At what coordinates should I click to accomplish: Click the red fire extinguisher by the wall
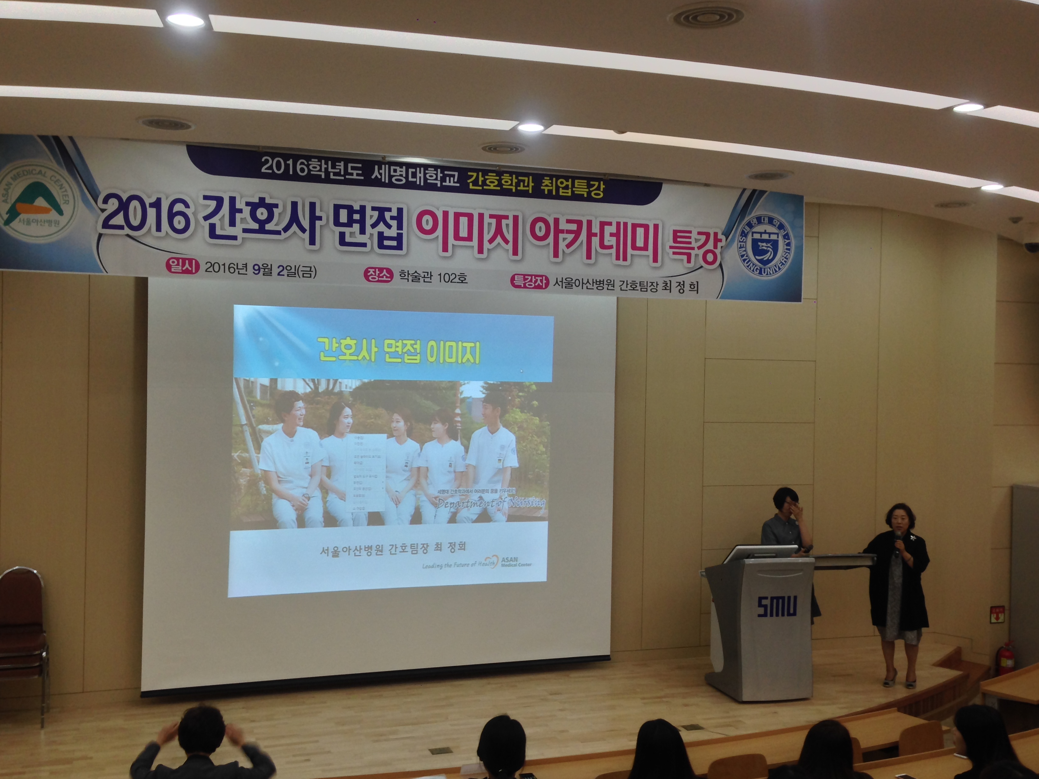point(1006,658)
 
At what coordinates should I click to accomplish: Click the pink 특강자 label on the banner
point(529,281)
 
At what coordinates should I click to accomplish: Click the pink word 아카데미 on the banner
point(594,241)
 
